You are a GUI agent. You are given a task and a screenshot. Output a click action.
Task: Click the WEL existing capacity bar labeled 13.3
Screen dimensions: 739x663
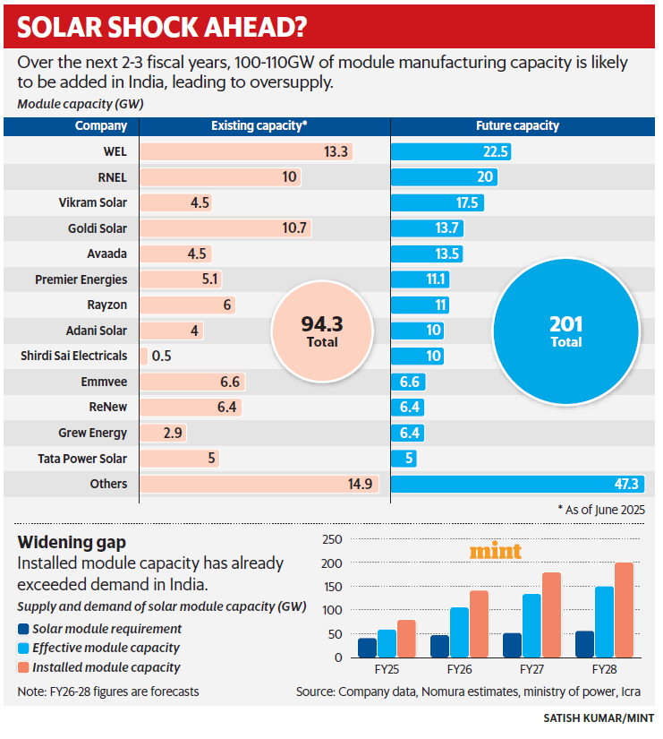[x=246, y=151]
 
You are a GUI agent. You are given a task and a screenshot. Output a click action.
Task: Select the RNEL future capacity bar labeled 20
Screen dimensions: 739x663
[x=444, y=177]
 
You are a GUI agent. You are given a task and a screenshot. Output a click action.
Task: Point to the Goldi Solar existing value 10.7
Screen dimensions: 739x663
[x=294, y=228]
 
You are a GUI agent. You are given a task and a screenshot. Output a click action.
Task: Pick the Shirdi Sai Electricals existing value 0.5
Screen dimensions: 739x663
[x=162, y=357]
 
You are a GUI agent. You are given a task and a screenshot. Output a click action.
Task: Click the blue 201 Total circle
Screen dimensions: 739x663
[x=565, y=331]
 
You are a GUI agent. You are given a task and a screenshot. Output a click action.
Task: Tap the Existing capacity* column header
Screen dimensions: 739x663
[x=259, y=126]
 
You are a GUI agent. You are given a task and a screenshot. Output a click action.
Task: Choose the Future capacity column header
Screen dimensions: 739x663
[x=517, y=126]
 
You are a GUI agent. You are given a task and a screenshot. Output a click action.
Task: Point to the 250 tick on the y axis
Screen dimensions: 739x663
[x=331, y=540]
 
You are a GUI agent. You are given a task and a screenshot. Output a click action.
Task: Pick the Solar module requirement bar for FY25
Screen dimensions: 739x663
[x=367, y=648]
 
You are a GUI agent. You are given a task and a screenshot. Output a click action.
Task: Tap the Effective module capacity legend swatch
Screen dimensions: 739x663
[x=23, y=648]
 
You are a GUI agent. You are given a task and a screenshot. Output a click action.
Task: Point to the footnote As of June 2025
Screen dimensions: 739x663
[x=600, y=509]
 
